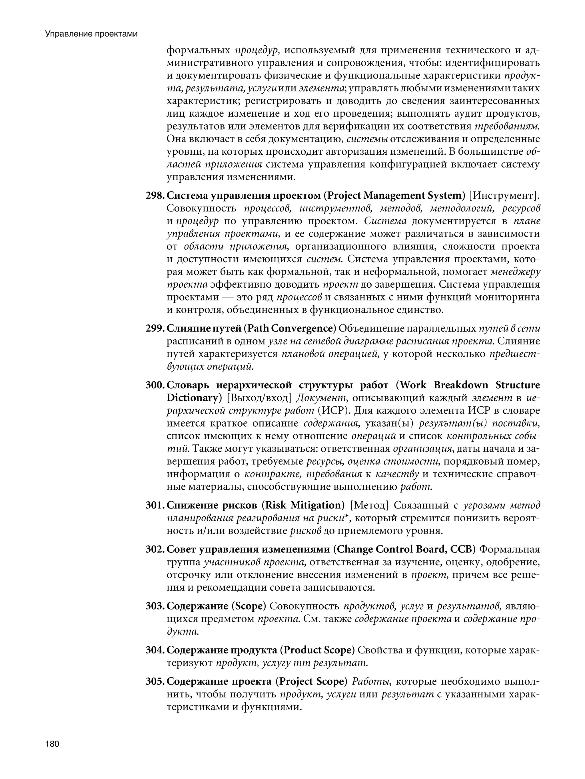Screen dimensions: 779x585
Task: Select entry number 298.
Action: click(x=155, y=195)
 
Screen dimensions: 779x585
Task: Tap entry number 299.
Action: click(x=155, y=328)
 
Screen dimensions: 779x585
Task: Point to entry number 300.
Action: click(x=155, y=385)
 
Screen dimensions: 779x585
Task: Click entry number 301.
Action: click(x=155, y=505)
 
